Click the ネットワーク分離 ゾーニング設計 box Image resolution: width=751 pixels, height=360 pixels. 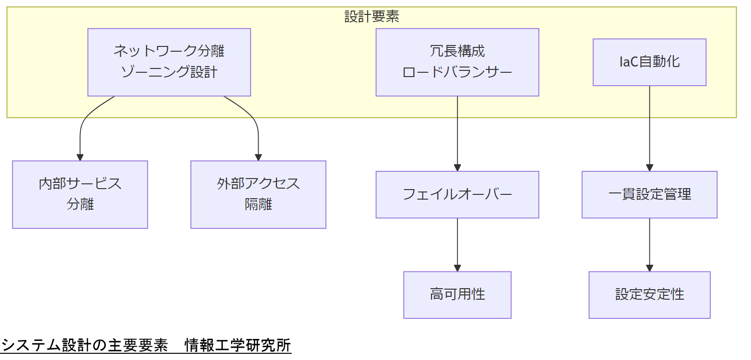169,62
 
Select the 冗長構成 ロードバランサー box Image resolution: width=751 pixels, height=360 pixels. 457,62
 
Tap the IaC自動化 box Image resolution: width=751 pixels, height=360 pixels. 649,62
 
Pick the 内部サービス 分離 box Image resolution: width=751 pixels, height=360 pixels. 80,194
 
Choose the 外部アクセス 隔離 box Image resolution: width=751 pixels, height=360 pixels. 258,194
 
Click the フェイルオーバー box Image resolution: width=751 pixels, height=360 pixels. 457,194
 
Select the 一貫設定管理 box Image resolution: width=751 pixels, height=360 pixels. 649,194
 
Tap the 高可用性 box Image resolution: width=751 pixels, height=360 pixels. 457,294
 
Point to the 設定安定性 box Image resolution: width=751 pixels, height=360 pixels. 649,294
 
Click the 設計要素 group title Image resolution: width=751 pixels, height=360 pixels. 372,17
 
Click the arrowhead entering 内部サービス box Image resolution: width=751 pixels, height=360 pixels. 80,157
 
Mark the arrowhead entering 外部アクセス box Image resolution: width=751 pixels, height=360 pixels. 258,157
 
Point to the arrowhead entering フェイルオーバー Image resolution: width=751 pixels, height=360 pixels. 457,168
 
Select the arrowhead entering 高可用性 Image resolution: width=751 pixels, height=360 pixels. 457,269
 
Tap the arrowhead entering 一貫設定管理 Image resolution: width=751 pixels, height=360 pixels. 649,168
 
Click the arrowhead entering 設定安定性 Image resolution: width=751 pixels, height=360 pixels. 649,269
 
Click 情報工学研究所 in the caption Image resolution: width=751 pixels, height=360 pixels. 238,345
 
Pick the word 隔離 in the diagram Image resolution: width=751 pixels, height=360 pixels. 258,205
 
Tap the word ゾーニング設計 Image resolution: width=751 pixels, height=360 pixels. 169,72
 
